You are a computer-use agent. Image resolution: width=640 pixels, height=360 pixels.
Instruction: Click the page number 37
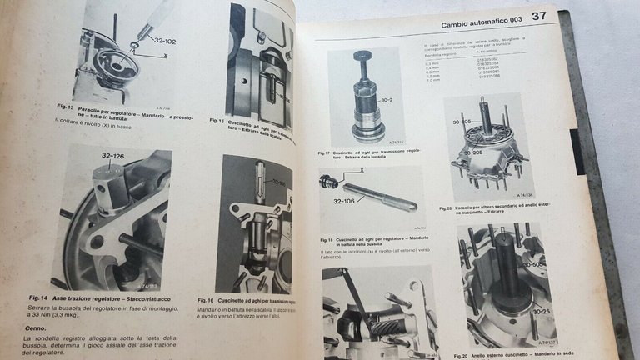[x=539, y=15]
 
